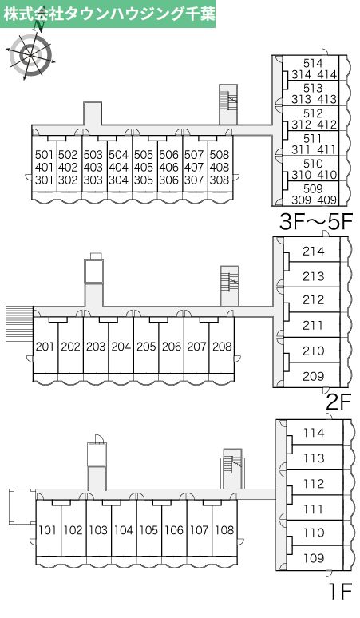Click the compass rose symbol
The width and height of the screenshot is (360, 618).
[30, 53]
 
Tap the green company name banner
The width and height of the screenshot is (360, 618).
[108, 14]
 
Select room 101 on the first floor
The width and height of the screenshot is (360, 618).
[48, 530]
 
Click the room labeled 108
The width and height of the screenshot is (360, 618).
[224, 530]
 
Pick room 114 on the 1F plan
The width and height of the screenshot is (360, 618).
[314, 433]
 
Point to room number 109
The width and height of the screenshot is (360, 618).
[314, 558]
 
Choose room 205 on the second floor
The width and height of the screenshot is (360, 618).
[146, 347]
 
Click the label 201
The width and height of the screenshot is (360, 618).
[45, 347]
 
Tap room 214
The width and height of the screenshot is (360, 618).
[314, 251]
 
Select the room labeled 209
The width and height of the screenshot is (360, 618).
[314, 376]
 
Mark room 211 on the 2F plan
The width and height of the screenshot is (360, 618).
[314, 326]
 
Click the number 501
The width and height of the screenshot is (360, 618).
[44, 155]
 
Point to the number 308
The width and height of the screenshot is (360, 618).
[220, 180]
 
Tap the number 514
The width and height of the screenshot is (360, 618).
[313, 63]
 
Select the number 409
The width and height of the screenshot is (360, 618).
[327, 200]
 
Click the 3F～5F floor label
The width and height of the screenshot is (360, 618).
[315, 222]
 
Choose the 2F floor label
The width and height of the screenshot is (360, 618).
[338, 402]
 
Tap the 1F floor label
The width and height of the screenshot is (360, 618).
[340, 591]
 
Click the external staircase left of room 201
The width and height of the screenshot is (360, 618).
[19, 323]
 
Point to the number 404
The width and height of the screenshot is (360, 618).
[119, 168]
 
